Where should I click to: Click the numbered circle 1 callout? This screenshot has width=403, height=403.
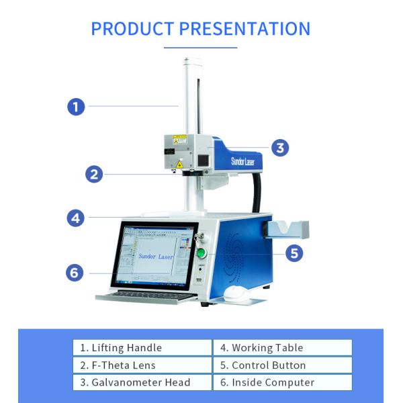[x=76, y=106]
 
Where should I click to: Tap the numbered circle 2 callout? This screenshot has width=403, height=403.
[x=95, y=175]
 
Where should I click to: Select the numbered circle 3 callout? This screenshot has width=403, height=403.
[x=280, y=148]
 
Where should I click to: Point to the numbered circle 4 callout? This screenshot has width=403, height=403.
[x=76, y=218]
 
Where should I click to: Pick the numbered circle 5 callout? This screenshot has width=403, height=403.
[x=294, y=253]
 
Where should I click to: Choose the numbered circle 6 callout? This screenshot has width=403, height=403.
[x=75, y=273]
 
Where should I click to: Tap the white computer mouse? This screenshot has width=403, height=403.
[x=234, y=293]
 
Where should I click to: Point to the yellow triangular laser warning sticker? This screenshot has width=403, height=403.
[x=179, y=164]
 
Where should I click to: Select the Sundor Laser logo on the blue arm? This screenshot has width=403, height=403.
[x=247, y=161]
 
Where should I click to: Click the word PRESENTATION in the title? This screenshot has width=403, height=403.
[x=244, y=29]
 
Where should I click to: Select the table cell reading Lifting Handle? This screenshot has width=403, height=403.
[x=142, y=347]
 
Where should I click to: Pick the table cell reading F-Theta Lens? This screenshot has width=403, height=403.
[x=142, y=365]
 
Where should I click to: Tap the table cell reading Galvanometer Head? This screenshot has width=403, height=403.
[x=142, y=382]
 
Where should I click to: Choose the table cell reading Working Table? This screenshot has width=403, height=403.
[x=282, y=347]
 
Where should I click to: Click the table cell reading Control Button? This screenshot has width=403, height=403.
[x=282, y=365]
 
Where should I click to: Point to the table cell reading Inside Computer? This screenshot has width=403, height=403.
[x=282, y=382]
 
